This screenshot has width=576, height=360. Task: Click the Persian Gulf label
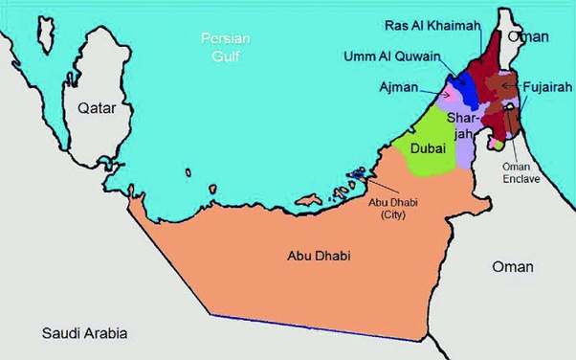pos(226,47)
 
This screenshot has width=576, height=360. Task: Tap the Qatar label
pos(98,108)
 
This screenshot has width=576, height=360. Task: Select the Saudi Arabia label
pos(84,333)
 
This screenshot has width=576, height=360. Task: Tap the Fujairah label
pos(548,86)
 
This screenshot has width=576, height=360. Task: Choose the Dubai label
pos(429,148)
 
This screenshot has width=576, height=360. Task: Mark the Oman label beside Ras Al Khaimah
pos(529,36)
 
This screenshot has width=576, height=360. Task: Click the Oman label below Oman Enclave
pos(513,266)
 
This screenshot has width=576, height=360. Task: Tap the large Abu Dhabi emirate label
pos(319,257)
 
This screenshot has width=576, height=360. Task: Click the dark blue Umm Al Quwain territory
pos(467,89)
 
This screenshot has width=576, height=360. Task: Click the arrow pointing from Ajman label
pos(435,93)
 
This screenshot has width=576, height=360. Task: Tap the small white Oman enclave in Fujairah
pos(497,146)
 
